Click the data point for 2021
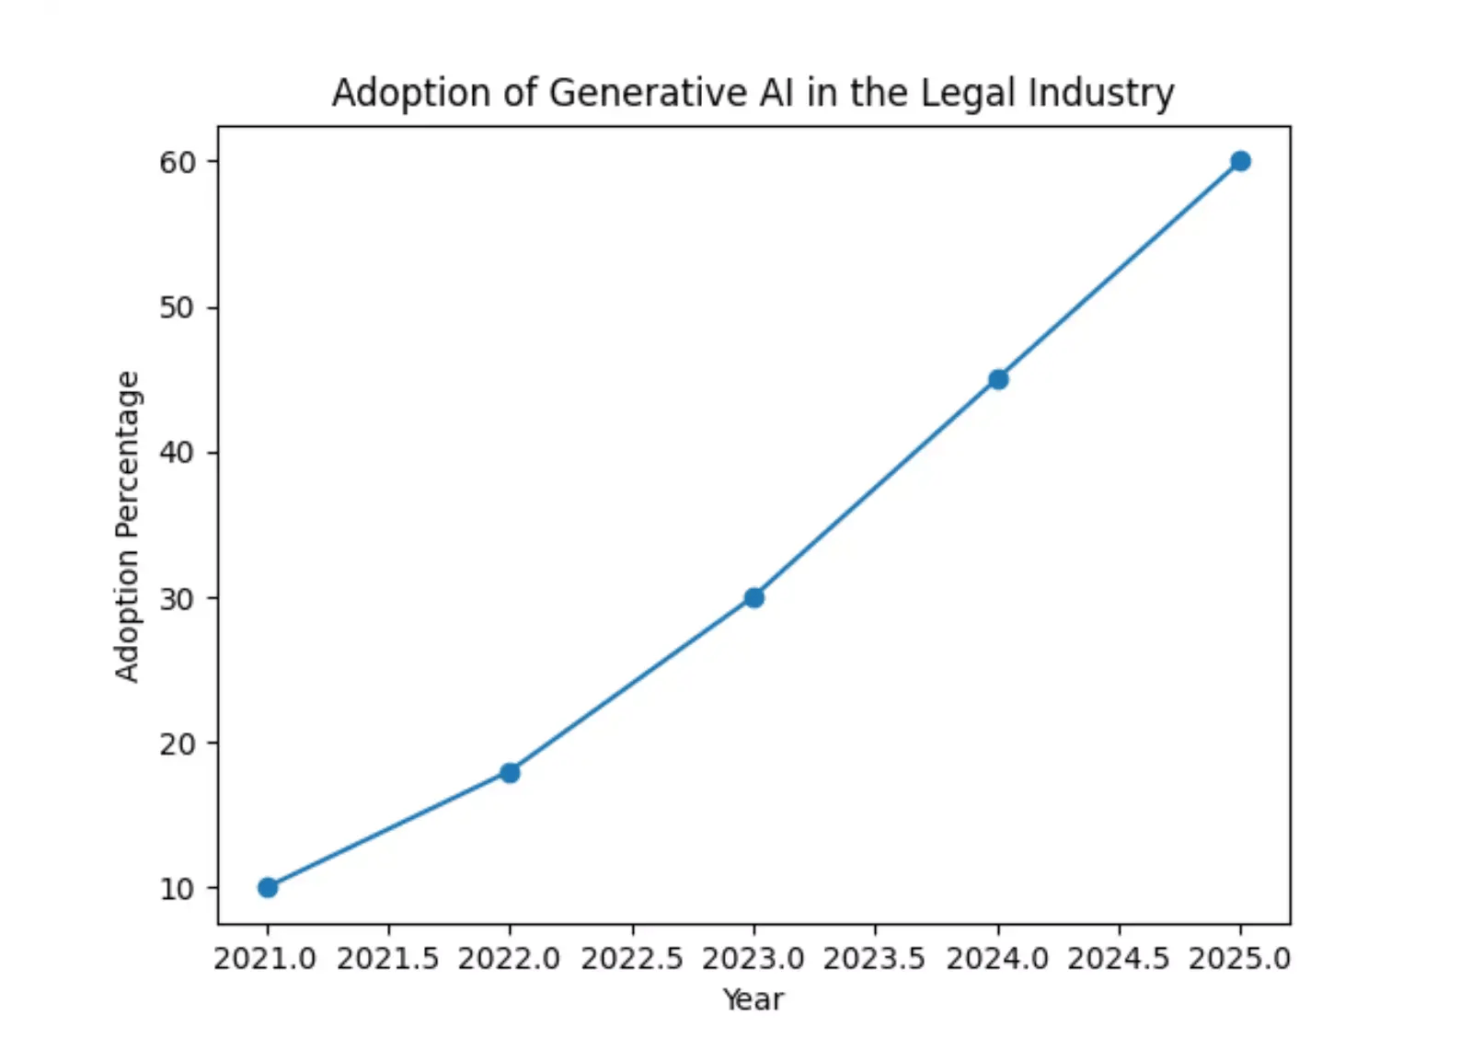[x=268, y=887]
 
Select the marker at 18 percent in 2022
[x=510, y=772]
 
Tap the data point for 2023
[x=753, y=598]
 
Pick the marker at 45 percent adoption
[x=998, y=379]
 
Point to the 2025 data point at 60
[x=1240, y=161]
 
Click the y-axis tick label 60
[x=178, y=162]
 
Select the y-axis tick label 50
[x=178, y=307]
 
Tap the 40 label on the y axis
[x=178, y=453]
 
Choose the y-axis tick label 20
[x=178, y=744]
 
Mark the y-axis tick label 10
[x=178, y=889]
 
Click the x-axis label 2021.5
[x=387, y=959]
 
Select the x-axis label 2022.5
[x=631, y=959]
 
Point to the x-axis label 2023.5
[x=874, y=959]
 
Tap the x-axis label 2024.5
[x=1118, y=959]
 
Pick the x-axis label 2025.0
[x=1240, y=959]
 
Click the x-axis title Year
[x=753, y=999]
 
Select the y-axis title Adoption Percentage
[x=127, y=526]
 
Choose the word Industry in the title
[x=1101, y=93]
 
